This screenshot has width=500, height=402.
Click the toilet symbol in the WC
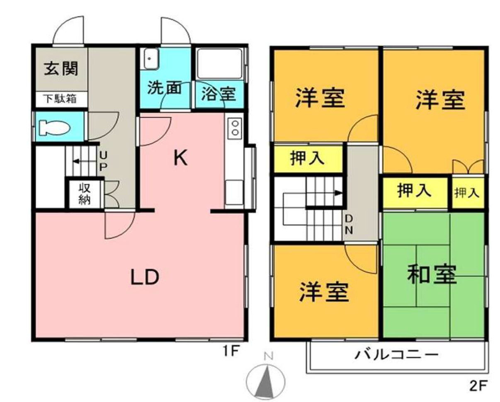pos(53,128)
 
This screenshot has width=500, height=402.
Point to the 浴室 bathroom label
pos(218,94)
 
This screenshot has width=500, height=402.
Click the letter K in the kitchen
pos(180,158)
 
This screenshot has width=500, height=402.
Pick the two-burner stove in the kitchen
pos(235,128)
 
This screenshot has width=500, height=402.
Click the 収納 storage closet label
pos(85,194)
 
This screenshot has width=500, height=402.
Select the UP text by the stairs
pos(103,161)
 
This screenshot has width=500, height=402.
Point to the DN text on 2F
pos(349,224)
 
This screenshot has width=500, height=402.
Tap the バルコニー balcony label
pos(396,356)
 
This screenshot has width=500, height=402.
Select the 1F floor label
pos(230,351)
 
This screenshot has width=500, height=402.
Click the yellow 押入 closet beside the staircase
pos(307,159)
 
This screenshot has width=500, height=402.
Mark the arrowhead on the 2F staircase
pos(339,193)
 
